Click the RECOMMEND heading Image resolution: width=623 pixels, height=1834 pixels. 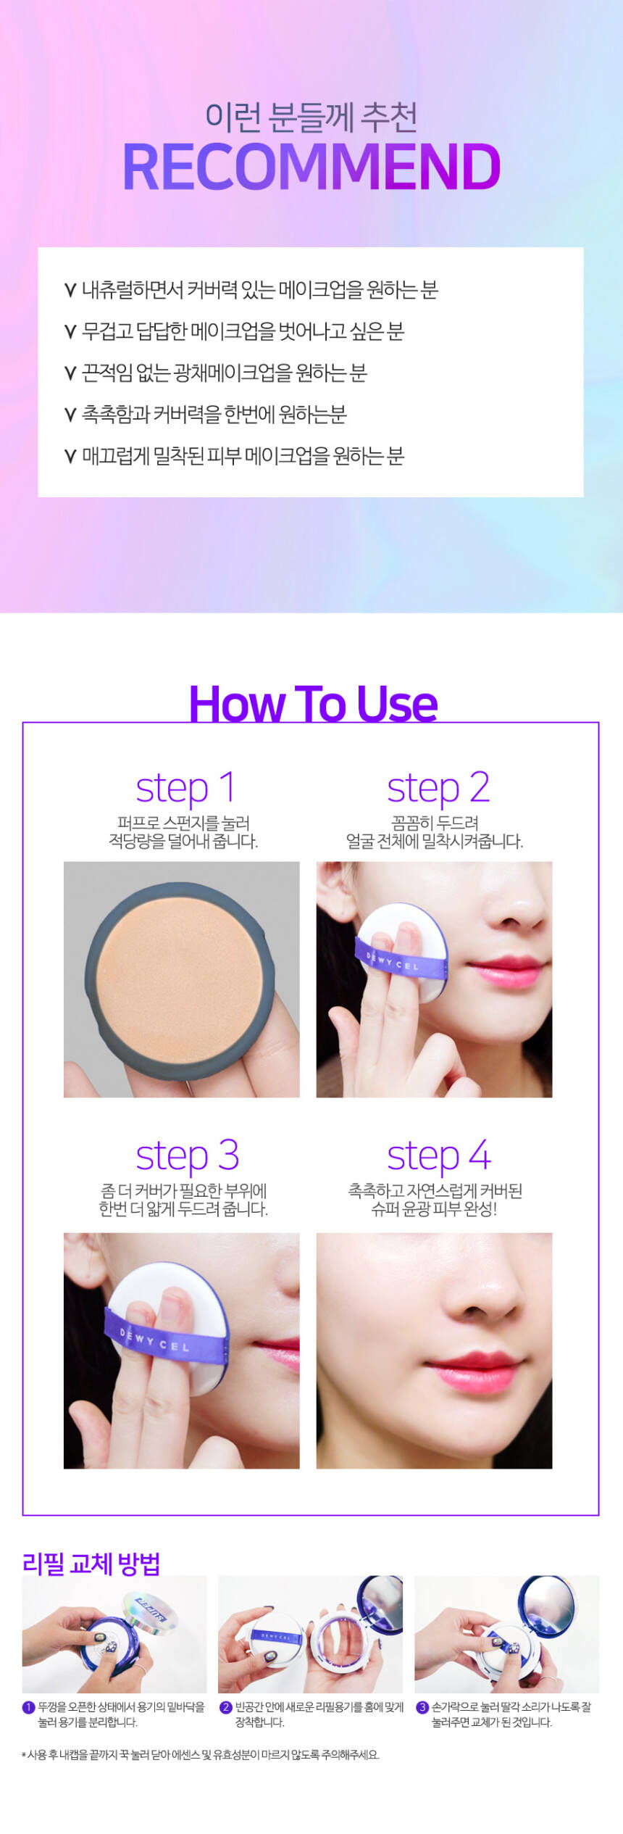(x=311, y=167)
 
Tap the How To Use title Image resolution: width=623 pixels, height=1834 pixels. (x=313, y=703)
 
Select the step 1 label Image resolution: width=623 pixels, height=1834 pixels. (x=185, y=789)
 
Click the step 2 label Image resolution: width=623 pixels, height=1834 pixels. (x=438, y=789)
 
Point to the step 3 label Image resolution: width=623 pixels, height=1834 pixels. (x=187, y=1156)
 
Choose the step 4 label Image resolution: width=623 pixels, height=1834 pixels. (x=439, y=1156)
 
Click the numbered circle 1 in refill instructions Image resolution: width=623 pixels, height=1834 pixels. (x=29, y=1707)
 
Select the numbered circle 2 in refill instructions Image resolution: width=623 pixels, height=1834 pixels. (x=226, y=1707)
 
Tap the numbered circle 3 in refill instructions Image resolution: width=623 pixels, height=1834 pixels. (x=422, y=1707)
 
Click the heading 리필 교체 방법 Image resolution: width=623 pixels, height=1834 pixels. (x=91, y=1563)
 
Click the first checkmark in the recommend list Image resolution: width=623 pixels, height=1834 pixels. (x=70, y=291)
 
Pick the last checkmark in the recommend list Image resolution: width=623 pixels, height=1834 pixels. (x=70, y=456)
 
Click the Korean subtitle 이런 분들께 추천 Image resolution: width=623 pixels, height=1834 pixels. (x=311, y=117)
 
